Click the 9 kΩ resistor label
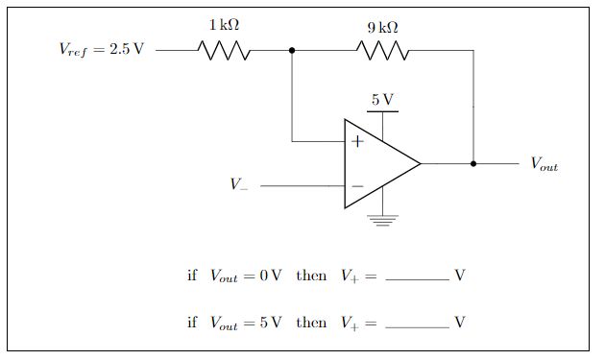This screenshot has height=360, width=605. [x=382, y=28]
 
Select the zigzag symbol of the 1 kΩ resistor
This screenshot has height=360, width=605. [x=224, y=49]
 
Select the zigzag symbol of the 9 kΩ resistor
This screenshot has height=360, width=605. [x=383, y=49]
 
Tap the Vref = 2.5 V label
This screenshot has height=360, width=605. [x=101, y=49]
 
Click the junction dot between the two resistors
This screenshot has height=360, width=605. [x=292, y=49]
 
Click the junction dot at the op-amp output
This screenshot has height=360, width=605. [x=472, y=163]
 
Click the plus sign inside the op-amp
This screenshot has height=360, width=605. [x=357, y=142]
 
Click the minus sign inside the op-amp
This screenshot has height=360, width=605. [x=357, y=186]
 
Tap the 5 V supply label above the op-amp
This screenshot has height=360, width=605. [x=382, y=99]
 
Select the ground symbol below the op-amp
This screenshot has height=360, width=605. [x=383, y=220]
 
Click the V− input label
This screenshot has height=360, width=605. [x=238, y=185]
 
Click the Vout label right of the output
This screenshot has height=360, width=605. [x=544, y=164]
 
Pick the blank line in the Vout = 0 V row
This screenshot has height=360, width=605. [x=417, y=279]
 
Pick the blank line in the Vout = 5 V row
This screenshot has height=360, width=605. [x=417, y=327]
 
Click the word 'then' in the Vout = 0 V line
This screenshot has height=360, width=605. [x=311, y=276]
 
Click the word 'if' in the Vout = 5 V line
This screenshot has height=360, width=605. [x=192, y=323]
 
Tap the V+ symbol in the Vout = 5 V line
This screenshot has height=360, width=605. [x=351, y=324]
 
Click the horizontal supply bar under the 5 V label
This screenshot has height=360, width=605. [x=382, y=112]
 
